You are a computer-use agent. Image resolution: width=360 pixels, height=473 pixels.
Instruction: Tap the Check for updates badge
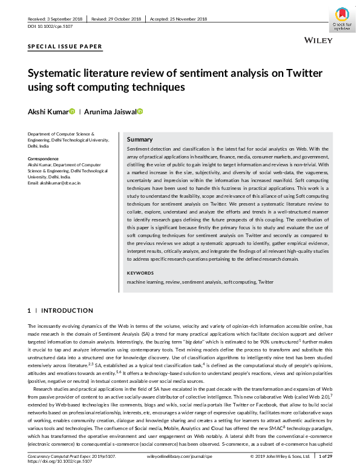point(342,19)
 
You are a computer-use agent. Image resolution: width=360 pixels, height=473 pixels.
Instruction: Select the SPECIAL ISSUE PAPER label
point(65,47)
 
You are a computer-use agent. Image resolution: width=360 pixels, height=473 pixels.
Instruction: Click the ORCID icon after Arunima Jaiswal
point(140,111)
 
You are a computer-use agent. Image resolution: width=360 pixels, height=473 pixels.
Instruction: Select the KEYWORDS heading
point(140,273)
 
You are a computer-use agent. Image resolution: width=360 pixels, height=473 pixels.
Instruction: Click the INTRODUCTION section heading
point(67,310)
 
